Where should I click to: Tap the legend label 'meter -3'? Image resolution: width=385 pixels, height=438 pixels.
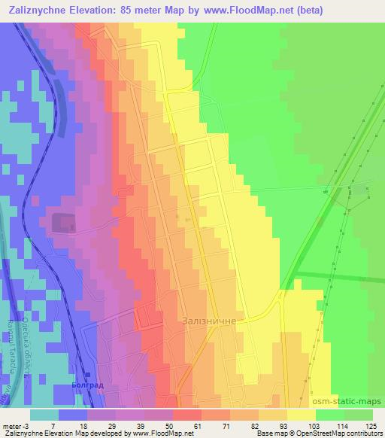pyautogui.click(x=14, y=425)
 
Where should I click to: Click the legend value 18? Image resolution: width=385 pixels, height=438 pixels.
pyautogui.click(x=73, y=425)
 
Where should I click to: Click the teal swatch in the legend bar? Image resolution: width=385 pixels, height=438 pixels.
pyautogui.click(x=44, y=414)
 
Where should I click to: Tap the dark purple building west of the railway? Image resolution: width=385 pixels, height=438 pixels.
pyautogui.click(x=63, y=222)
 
